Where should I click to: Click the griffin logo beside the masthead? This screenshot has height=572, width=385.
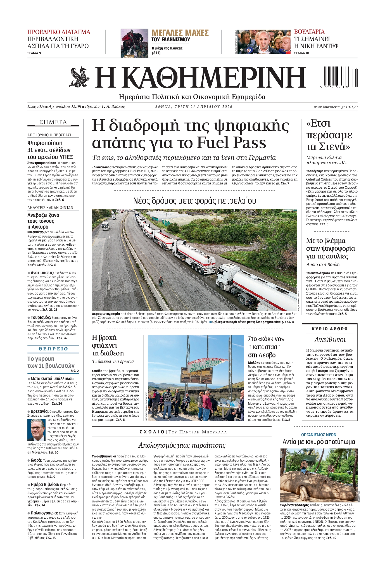point(79,77)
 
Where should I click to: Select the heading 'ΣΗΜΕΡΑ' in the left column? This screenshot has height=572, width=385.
point(53,122)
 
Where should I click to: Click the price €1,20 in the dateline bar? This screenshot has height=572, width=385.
point(353,107)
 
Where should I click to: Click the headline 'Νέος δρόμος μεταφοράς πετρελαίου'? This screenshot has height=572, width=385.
point(194,201)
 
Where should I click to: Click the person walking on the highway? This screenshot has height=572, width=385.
point(161,281)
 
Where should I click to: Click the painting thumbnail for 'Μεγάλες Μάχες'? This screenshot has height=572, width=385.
point(134,43)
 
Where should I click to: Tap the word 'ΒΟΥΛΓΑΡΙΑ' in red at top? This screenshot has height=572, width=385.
point(309,32)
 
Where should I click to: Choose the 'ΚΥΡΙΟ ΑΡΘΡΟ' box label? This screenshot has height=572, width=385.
point(330,329)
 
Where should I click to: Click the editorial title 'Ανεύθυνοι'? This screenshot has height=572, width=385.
point(330,340)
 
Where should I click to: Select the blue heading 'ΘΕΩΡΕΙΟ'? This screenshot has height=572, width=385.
point(53,349)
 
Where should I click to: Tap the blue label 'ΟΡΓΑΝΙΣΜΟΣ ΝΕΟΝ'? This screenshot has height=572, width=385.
point(319,435)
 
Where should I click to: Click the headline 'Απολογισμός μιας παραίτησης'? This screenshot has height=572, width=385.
point(182,445)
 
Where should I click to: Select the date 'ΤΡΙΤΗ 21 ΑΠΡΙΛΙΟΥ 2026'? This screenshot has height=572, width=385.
point(194,107)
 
